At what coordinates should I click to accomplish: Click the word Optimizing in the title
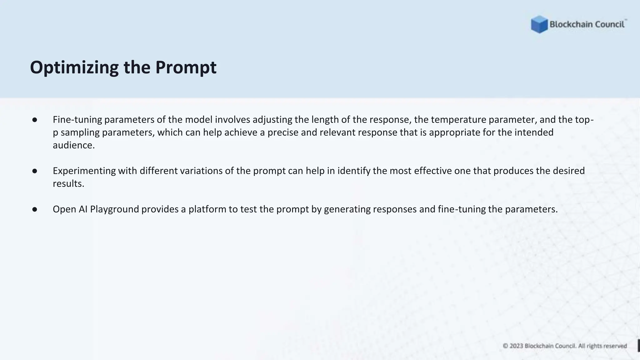tap(74, 67)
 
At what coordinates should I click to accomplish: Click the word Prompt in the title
tap(186, 67)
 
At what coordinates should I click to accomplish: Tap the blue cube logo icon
tap(539, 24)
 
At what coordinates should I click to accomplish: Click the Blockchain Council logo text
tap(587, 24)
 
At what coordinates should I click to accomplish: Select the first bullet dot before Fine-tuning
tap(35, 120)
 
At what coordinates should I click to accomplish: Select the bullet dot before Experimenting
tap(35, 171)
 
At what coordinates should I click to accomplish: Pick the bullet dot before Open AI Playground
tap(35, 209)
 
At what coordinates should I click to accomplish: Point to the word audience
tap(73, 145)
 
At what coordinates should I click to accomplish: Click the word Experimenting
tap(84, 171)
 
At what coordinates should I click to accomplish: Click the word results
tap(68, 184)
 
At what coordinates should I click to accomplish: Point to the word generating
tap(347, 209)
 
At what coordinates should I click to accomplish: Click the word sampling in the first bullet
tap(80, 132)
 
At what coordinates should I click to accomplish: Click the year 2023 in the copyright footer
tap(516, 346)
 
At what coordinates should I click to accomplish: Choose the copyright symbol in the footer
tap(505, 346)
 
